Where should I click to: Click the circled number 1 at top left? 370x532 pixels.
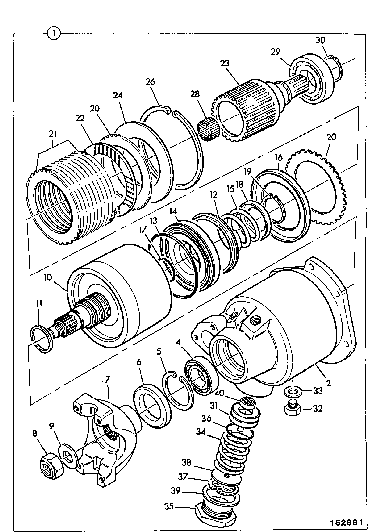pyautogui.click(x=54, y=33)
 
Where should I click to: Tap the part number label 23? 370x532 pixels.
pyautogui.click(x=225, y=63)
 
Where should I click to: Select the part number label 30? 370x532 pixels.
pyautogui.click(x=320, y=40)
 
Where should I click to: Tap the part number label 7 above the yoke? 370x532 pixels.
pyautogui.click(x=107, y=380)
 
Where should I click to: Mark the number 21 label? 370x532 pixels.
pyautogui.click(x=53, y=134)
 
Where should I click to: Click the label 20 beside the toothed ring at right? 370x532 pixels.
pyautogui.click(x=331, y=137)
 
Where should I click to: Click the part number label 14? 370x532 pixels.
pyautogui.click(x=174, y=211)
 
